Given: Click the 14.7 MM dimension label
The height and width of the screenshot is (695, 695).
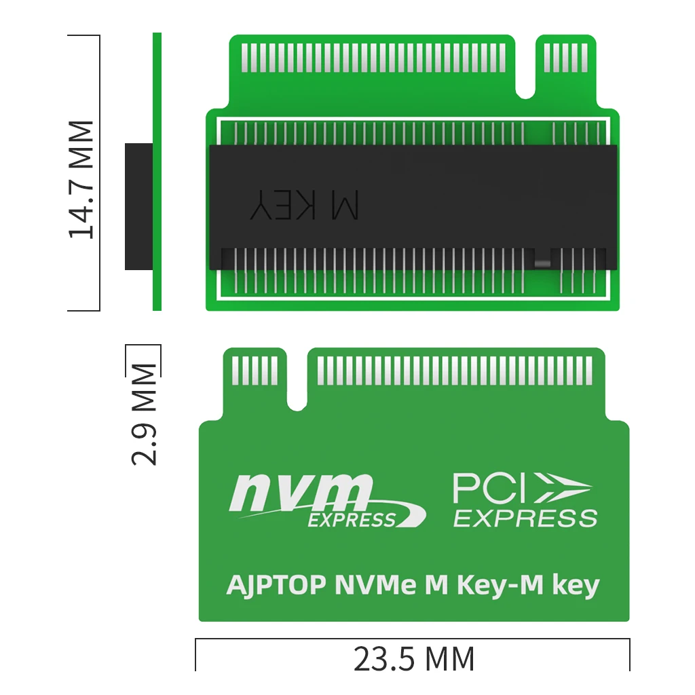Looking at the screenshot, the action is tap(81, 179).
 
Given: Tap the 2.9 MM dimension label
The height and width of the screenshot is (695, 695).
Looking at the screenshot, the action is tap(144, 415).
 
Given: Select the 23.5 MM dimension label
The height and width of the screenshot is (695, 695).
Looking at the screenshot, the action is tap(414, 660).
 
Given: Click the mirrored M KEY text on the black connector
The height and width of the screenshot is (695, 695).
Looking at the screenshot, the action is tap(305, 205).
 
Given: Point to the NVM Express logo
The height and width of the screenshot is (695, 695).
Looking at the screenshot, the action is tap(327, 501).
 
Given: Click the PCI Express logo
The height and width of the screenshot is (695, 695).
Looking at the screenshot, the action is tap(525, 500).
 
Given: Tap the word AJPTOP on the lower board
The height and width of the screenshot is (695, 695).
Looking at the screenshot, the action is tap(276, 585).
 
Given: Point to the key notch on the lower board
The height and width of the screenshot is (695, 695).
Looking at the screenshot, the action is tap(297, 381).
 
